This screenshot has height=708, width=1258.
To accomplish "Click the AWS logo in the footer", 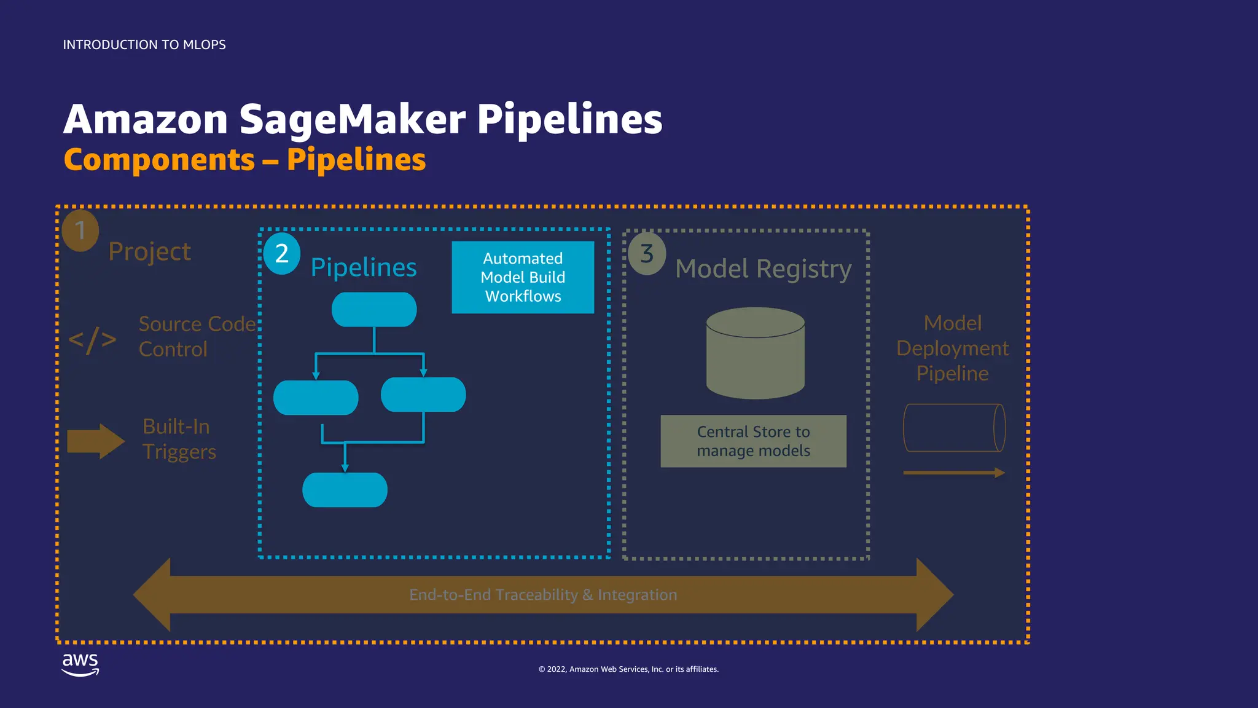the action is pos(80,664).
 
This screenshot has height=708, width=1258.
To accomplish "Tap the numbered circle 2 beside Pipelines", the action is pos(282,253).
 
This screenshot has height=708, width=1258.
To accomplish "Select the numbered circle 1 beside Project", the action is pos(80,231).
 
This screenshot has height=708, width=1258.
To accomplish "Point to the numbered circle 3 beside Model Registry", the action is pos(647,254).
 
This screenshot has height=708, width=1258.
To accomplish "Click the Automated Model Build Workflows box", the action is pos(523,277).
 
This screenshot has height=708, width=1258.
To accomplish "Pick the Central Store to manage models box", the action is pos(753,441).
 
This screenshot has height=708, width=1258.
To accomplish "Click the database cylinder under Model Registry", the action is pos(756,353).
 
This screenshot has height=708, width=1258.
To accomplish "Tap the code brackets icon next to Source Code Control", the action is pos(92,340).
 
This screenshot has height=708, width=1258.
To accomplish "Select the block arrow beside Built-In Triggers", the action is pos(96,441).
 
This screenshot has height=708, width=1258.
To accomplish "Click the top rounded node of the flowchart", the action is pos(374,309).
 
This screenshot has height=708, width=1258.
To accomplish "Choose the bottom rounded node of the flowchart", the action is pos(345,490).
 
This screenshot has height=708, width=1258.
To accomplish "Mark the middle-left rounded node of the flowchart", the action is pos(316,398).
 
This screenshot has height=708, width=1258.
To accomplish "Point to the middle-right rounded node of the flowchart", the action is pos(423,395).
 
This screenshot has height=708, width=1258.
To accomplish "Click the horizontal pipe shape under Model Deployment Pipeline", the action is pos(954,428).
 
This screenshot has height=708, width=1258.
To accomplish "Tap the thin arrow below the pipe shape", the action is pos(954,473).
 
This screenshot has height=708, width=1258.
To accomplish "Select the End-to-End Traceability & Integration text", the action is pos(543,595).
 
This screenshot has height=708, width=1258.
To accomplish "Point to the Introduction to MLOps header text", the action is pos(144,45).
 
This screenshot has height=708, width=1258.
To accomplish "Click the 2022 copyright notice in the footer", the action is pos(628,669).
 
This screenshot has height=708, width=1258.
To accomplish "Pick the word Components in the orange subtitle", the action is pos(159,160).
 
